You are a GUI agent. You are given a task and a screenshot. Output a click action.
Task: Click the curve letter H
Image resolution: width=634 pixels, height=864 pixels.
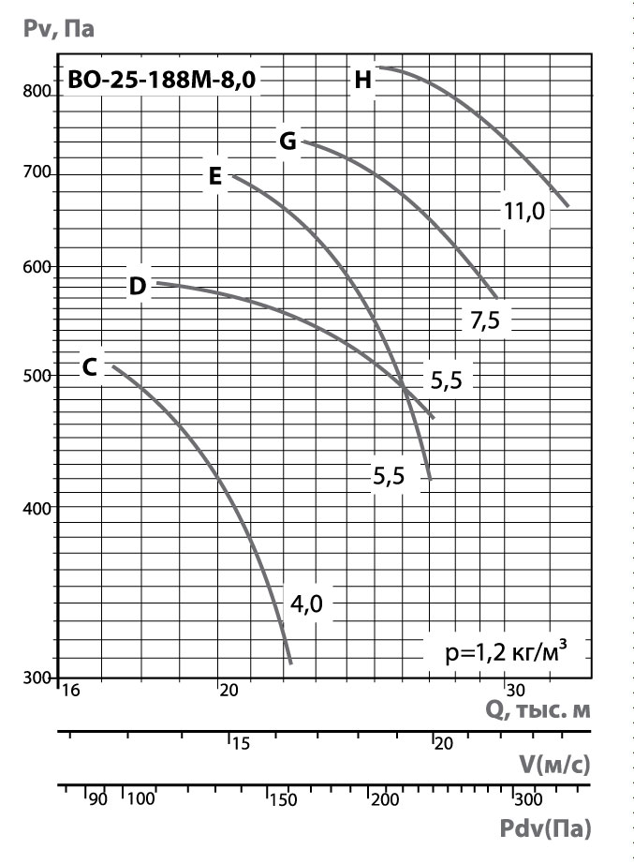363,81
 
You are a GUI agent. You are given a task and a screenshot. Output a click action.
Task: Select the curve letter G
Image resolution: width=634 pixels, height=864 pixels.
288,142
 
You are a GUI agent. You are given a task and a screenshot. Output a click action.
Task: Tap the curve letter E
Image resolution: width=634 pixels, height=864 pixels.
214,175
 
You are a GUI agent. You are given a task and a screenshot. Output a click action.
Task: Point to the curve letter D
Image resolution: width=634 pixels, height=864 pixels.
138,286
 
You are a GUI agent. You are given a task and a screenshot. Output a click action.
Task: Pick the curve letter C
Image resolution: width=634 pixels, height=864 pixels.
90,367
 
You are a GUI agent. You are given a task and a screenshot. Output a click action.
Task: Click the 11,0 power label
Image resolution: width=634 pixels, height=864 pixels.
523,212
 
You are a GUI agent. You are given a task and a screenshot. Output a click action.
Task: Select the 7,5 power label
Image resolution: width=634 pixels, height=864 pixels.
484,320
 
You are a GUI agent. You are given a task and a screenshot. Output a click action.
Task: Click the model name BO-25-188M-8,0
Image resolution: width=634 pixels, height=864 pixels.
159,81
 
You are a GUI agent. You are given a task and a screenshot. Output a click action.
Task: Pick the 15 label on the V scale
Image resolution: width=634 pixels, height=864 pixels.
240,744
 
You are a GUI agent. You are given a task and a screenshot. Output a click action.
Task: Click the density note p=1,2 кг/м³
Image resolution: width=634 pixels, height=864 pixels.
507,650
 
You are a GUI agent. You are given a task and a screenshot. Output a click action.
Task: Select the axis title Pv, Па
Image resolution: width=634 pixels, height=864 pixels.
58,28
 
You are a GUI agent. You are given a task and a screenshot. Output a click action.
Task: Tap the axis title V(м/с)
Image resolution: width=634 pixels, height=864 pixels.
554,765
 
